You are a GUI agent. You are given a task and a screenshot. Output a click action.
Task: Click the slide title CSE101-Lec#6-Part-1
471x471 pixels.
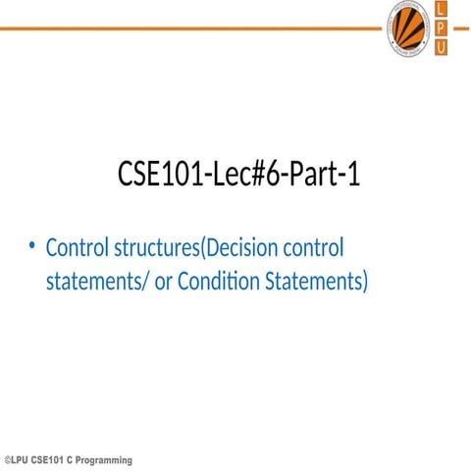(x=239, y=177)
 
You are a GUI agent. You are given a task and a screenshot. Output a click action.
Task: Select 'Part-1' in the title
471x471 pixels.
(x=325, y=177)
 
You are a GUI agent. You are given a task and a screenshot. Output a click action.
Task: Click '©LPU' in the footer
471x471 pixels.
(x=17, y=460)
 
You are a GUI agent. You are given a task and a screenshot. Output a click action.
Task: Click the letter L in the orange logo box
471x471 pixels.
(x=441, y=9)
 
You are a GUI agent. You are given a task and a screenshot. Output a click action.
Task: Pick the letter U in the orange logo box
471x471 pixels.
(x=441, y=47)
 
